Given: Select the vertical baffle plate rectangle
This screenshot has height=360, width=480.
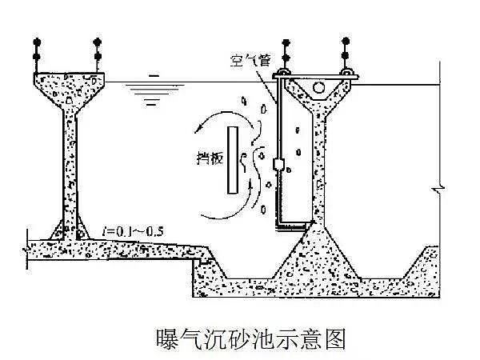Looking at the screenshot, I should pyautogui.click(x=231, y=160).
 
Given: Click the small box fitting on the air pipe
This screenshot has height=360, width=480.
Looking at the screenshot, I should pyautogui.click(x=278, y=165).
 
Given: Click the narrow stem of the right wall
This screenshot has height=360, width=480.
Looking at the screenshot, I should pyautogui.click(x=321, y=160).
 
